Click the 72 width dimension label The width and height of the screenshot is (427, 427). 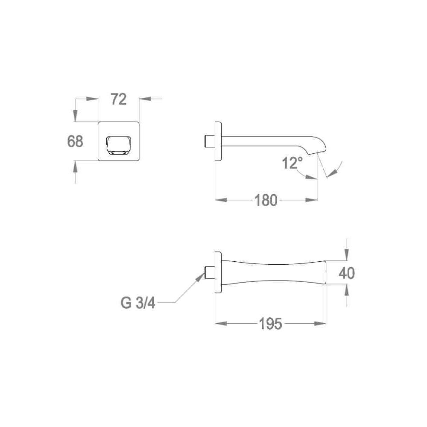pos(119,99)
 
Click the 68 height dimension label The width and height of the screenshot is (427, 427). pos(75,141)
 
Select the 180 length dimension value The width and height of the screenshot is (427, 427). pos(266,200)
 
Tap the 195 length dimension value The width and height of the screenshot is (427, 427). pos(270,324)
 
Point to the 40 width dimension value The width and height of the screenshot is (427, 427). pos(347,273)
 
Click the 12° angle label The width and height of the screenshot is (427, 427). pos(292,163)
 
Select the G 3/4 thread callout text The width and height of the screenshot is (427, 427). pos(138,303)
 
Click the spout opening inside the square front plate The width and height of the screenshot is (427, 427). pos(119,145)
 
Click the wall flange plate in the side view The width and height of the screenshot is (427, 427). pos(218,141)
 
